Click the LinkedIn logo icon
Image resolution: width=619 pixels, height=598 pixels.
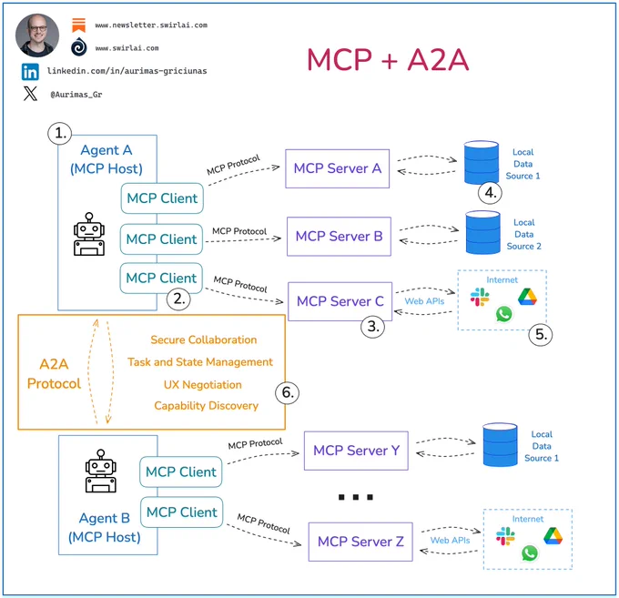click(30, 72)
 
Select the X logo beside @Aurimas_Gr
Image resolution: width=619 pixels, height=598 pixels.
click(30, 94)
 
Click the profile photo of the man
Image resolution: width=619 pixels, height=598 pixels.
click(37, 35)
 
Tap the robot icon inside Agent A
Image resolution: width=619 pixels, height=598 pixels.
click(89, 234)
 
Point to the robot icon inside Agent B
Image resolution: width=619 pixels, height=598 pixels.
click(101, 471)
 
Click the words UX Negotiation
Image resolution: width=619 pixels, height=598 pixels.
click(202, 385)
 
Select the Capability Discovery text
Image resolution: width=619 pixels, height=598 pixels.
click(206, 406)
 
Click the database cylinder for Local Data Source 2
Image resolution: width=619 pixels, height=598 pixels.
click(482, 232)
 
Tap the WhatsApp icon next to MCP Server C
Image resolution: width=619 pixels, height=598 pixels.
click(503, 314)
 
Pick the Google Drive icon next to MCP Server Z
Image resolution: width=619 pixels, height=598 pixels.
click(553, 536)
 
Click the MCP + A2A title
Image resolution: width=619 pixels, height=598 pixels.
click(388, 60)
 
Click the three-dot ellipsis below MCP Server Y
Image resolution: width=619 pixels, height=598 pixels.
click(356, 497)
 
